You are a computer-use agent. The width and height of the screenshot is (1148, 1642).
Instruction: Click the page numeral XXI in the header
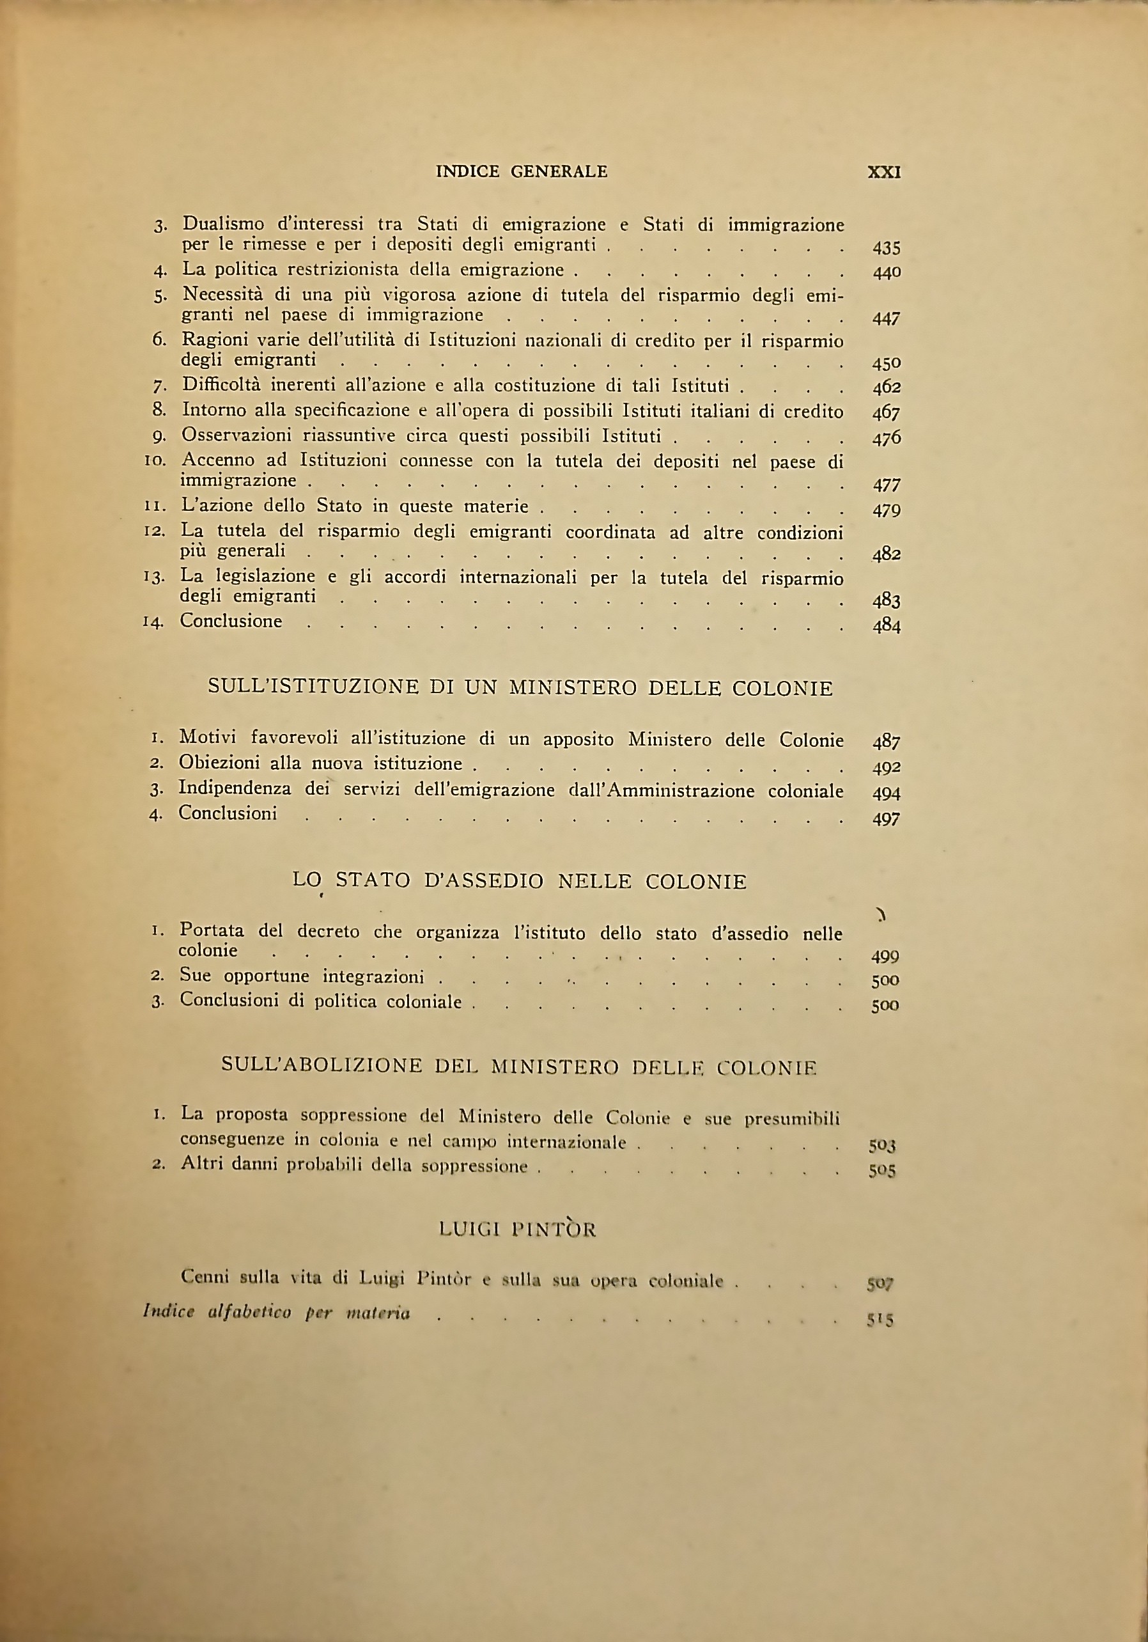tap(883, 173)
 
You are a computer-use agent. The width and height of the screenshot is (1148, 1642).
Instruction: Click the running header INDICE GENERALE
tap(522, 171)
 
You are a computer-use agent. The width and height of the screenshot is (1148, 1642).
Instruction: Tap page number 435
tap(887, 248)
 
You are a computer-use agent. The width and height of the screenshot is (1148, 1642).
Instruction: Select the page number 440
tap(887, 272)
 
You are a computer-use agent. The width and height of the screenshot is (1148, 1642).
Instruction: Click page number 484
tap(887, 627)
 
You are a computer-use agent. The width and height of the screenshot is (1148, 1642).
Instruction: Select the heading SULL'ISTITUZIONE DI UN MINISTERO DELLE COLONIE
tap(520, 688)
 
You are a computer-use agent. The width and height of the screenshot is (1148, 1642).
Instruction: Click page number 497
tap(887, 819)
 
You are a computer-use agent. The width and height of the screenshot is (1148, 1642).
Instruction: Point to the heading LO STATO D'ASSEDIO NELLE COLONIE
tap(520, 881)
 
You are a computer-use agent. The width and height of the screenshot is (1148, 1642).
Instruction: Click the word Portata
tap(212, 930)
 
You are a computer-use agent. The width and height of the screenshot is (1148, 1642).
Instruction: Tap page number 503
tap(882, 1145)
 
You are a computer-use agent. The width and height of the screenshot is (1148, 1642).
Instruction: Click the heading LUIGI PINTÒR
tap(518, 1230)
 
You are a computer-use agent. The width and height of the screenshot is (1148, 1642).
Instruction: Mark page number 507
tap(880, 1284)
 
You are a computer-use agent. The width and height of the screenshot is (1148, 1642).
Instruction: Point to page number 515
tap(880, 1321)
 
